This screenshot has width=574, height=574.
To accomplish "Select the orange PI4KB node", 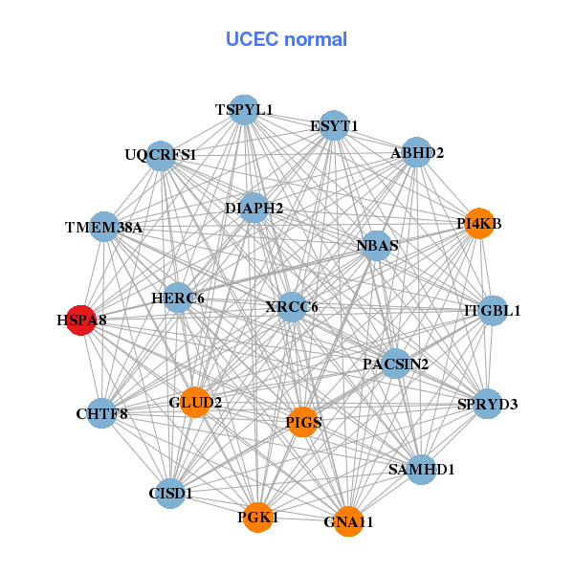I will click(x=478, y=224).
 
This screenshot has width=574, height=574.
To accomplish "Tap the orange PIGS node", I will click(x=302, y=422).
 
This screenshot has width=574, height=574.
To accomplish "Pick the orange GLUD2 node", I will click(x=195, y=403).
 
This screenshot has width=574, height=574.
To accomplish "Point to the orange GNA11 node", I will click(x=348, y=521).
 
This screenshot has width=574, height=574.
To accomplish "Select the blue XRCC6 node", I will click(x=292, y=306).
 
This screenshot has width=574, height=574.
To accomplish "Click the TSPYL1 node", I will click(x=244, y=110).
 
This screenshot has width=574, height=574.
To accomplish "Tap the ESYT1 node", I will click(x=333, y=125).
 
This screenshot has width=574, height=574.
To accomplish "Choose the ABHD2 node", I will click(x=416, y=152).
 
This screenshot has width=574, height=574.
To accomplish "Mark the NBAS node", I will click(x=376, y=245).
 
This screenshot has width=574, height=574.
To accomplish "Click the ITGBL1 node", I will click(x=492, y=310).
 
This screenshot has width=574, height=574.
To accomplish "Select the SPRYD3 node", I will click(x=488, y=404).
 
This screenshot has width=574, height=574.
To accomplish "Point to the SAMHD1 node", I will click(x=422, y=469).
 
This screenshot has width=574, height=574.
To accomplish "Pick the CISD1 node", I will click(x=170, y=494).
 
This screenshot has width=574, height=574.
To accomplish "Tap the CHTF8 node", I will click(x=101, y=413).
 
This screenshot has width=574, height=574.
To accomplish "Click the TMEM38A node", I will click(x=104, y=227).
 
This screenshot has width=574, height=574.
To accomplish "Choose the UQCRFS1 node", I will click(x=161, y=154).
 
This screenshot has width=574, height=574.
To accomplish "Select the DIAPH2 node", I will click(x=254, y=208).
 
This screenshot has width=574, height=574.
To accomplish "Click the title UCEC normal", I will click(x=286, y=39).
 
